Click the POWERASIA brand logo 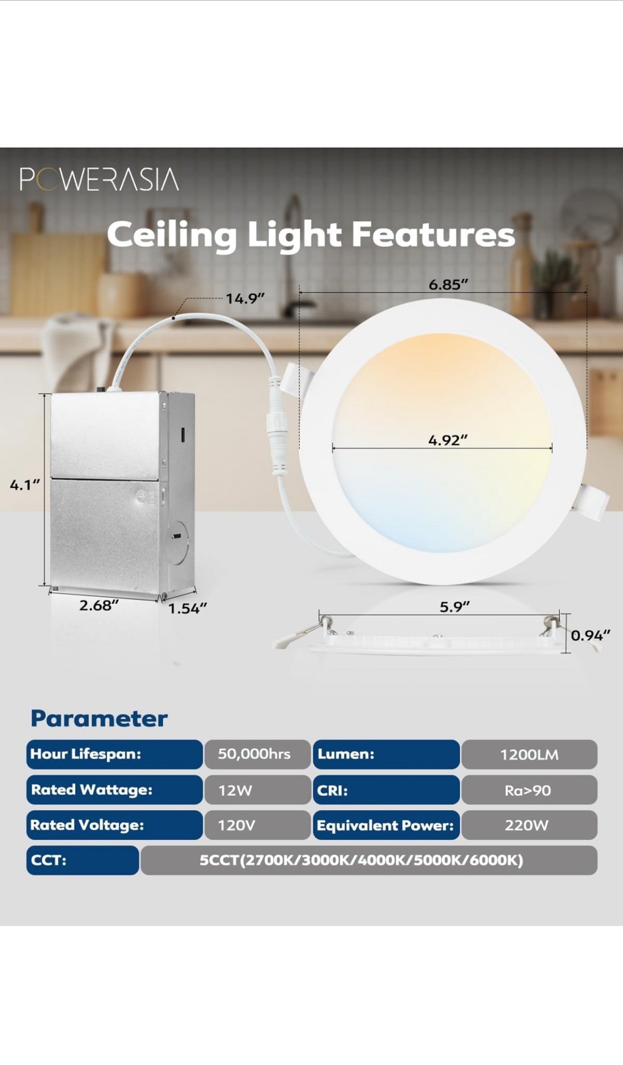[99, 180]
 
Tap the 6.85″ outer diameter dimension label [449, 284]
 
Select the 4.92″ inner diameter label [448, 440]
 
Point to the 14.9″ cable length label [245, 299]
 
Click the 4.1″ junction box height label [25, 485]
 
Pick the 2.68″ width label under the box [99, 605]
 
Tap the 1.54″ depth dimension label [188, 608]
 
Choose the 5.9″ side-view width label [454, 606]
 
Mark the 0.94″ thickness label [590, 636]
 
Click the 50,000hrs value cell [258, 754]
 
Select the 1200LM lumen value [529, 755]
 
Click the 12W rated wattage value [258, 790]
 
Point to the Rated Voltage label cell [114, 825]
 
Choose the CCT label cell [83, 861]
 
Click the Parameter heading [99, 719]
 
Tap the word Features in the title [433, 234]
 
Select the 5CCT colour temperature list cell [369, 861]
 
